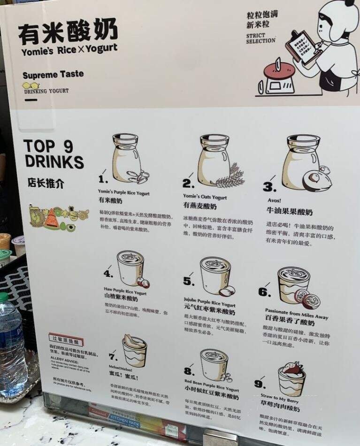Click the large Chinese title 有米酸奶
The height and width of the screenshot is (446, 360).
tap(68, 32)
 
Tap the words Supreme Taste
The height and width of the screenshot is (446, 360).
tap(53, 74)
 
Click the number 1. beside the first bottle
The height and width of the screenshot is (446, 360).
tap(104, 179)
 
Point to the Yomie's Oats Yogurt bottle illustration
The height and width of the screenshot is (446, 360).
tap(214, 160)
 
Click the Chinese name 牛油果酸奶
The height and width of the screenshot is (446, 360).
tap(289, 212)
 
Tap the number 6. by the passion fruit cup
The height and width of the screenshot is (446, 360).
tap(265, 292)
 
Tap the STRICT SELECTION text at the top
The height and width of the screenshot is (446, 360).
tap(260, 38)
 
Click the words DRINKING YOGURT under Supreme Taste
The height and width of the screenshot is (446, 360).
tap(46, 91)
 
